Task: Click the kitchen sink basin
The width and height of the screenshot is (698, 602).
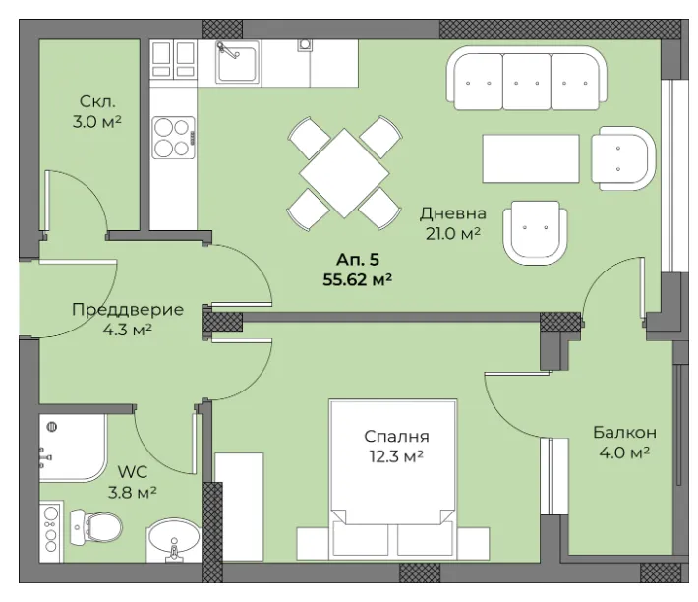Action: coord(237,62)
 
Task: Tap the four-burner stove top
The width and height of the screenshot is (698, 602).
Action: coord(174,138)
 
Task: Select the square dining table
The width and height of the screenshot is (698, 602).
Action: coord(344,173)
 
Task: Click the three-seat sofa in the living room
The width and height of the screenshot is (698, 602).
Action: coord(527,78)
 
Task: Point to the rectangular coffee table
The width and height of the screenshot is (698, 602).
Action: coord(531,158)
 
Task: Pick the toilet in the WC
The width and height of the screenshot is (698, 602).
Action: coord(96,527)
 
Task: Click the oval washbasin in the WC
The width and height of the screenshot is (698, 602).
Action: coord(174,539)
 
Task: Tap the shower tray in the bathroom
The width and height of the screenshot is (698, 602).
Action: coord(73,448)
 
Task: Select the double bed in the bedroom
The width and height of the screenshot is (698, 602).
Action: coord(393,479)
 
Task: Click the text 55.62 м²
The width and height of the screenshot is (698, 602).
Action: coord(358,280)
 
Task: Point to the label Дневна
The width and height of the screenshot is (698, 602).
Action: coord(453,213)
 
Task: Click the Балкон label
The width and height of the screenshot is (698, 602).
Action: coord(624,432)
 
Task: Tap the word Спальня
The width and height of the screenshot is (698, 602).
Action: coord(396,437)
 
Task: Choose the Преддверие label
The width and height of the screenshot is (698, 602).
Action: coord(128,310)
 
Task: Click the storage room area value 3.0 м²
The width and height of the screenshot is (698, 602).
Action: coord(97,121)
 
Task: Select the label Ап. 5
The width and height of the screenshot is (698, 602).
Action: coord(358,259)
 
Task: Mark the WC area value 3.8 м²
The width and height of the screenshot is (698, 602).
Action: coord(132,492)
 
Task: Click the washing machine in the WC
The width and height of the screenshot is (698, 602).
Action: coord(50,531)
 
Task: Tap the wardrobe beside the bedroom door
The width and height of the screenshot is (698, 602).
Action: coord(239,507)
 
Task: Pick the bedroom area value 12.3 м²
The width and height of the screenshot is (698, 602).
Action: coord(396,456)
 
